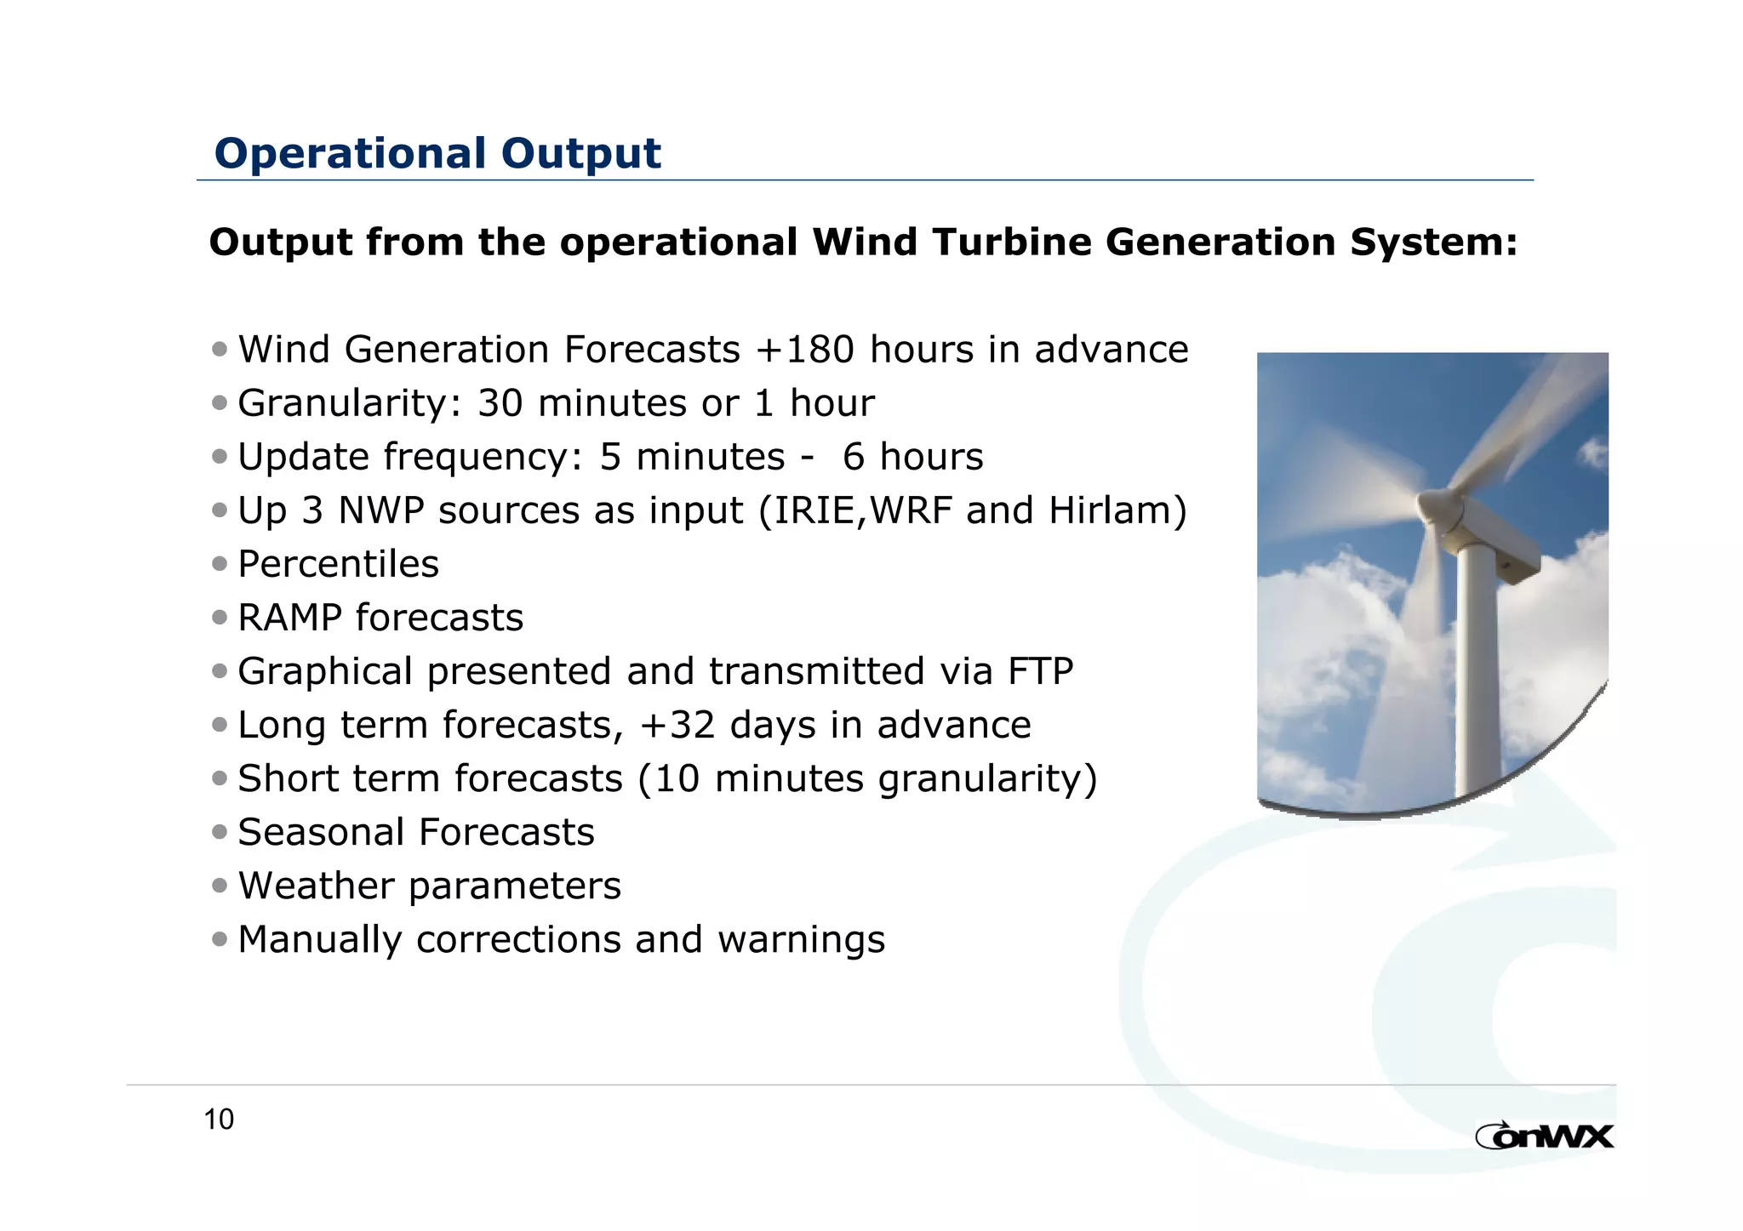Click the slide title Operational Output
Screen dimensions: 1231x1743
(x=437, y=154)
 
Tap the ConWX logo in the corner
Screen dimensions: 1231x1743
(x=1544, y=1136)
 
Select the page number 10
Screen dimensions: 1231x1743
(x=219, y=1120)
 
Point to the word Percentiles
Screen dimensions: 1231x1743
(x=338, y=564)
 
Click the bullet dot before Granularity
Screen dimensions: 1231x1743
(x=220, y=403)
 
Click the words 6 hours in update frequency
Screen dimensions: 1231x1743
(x=912, y=457)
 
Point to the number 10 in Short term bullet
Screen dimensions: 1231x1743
(x=677, y=778)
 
